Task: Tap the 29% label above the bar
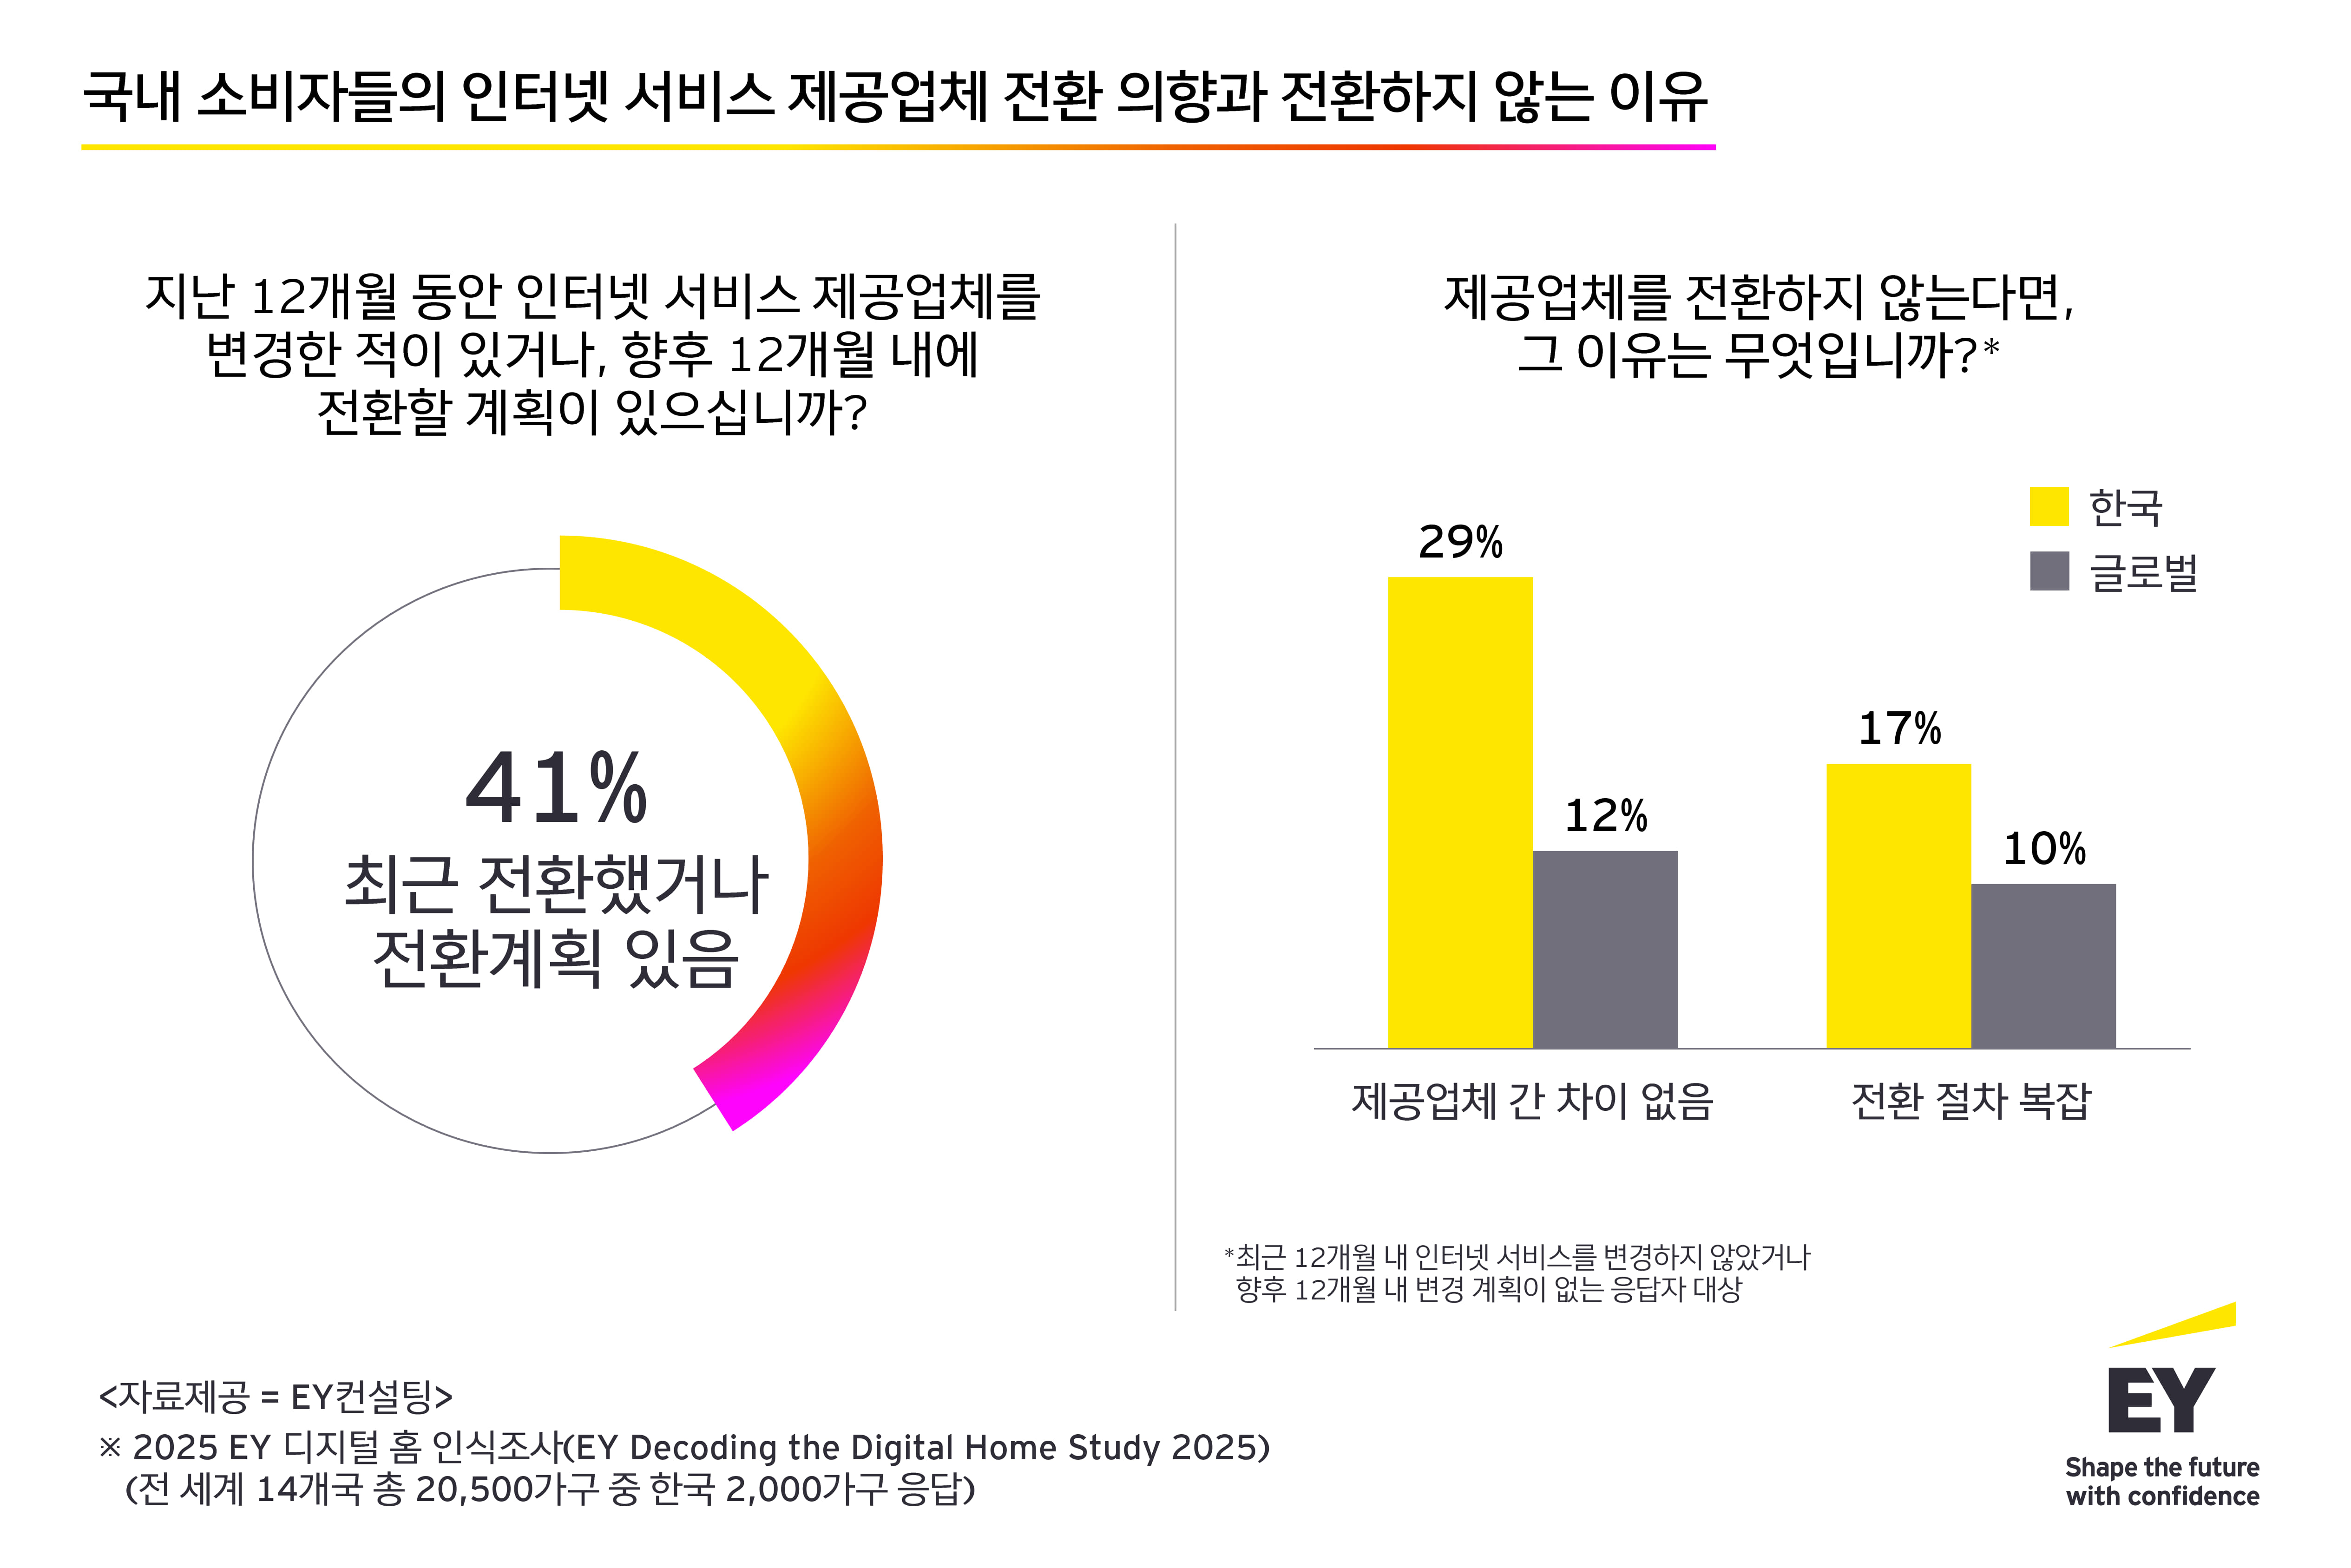tap(1460, 542)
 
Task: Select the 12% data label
tap(1605, 816)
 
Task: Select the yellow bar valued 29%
tap(1460, 812)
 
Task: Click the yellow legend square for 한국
tap(2048, 506)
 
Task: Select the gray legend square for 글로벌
tap(2048, 571)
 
